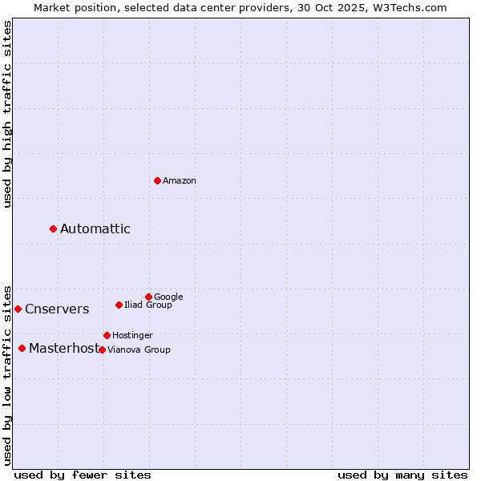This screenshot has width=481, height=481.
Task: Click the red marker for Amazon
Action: [x=157, y=180]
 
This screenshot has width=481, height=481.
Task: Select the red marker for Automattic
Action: [x=54, y=229]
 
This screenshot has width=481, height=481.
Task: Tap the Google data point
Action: [x=148, y=297]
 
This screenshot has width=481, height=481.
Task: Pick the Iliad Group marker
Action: [x=119, y=305]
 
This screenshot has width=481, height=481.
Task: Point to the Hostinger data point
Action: [x=107, y=335]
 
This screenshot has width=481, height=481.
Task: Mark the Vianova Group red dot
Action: [x=102, y=350]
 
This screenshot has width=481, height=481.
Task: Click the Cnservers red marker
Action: [x=18, y=309]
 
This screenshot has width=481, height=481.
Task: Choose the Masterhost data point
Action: [x=22, y=348]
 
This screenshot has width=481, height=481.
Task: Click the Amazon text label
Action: [x=180, y=181]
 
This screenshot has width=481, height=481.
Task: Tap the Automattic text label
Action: [x=95, y=229]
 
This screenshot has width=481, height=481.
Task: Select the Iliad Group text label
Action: [x=148, y=305]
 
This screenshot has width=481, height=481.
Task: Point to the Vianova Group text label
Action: [x=139, y=350]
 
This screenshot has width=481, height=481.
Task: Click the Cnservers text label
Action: [x=57, y=309]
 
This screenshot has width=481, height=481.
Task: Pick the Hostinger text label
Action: [x=132, y=336]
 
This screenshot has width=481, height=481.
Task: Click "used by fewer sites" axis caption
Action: [x=83, y=475]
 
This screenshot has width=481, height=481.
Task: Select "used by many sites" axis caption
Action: [x=402, y=475]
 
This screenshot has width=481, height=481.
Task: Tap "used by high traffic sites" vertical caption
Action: [x=8, y=114]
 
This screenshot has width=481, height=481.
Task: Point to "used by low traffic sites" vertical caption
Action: [x=8, y=374]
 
